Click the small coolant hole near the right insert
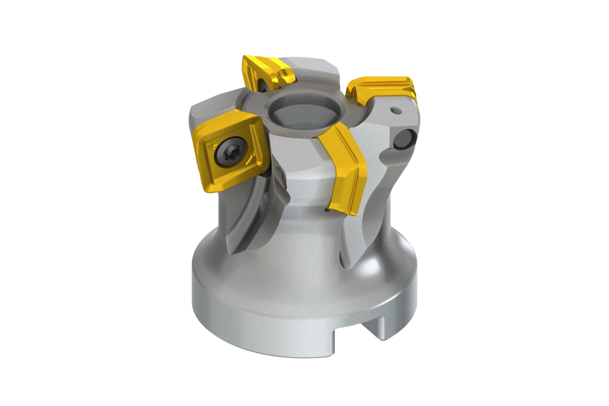(x=393, y=110)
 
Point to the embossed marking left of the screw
(x=210, y=147)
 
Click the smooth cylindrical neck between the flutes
(x=300, y=211)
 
